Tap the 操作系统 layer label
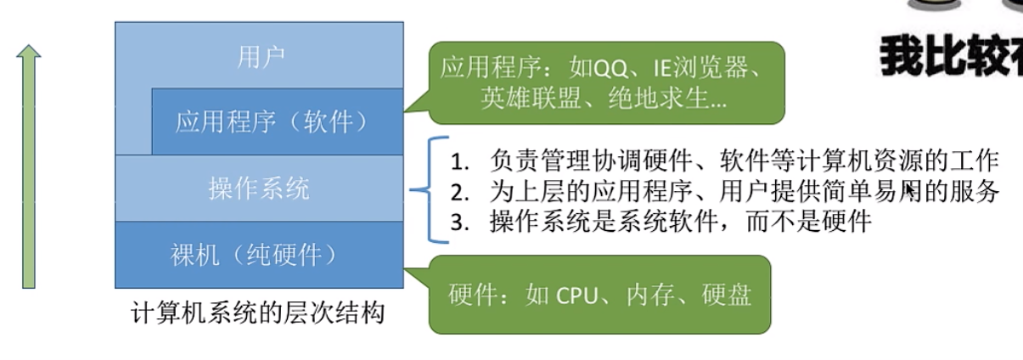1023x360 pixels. click(260, 188)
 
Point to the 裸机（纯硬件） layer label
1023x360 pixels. click(260, 253)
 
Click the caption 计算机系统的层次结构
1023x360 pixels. click(258, 314)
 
